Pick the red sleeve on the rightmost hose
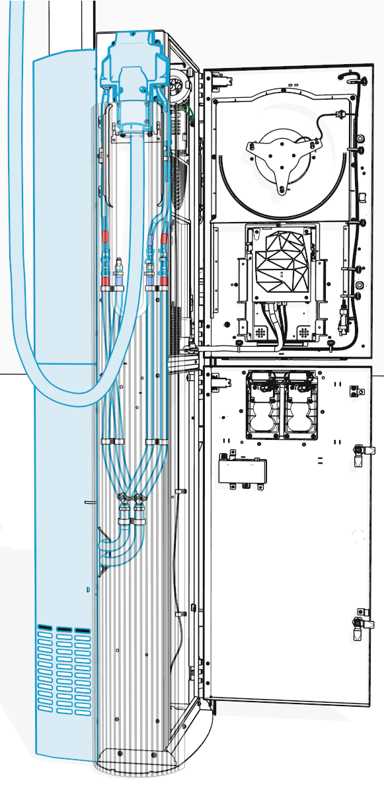(163, 238)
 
